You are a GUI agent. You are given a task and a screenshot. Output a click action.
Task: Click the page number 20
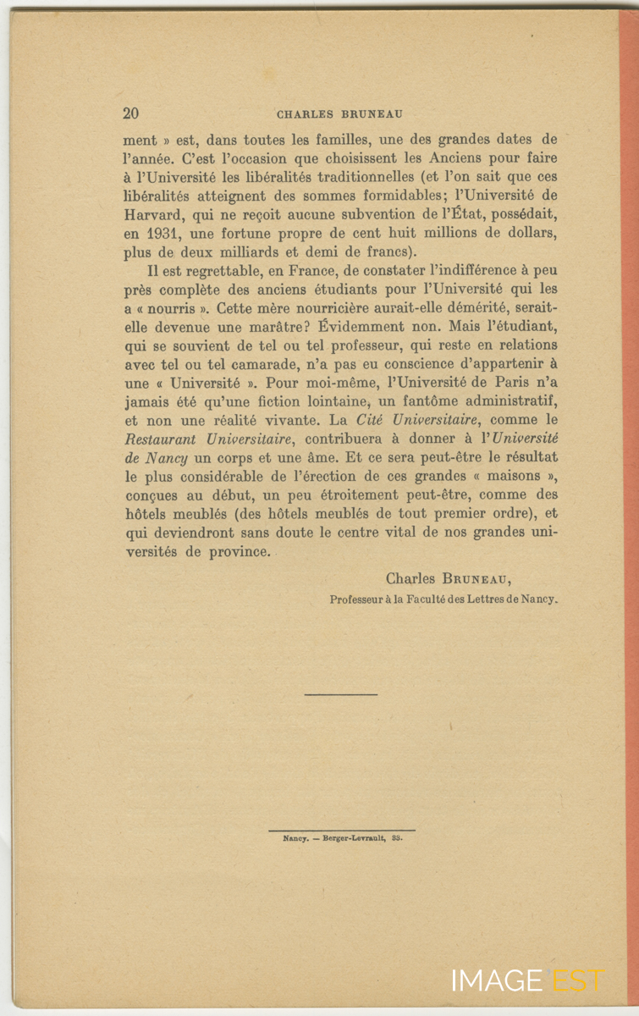pos(131,113)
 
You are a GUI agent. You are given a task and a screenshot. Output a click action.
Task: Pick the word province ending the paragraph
pos(240,550)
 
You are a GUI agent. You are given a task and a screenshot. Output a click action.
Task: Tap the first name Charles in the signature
pos(411,579)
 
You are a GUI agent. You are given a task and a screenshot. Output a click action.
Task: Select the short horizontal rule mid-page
pos(340,694)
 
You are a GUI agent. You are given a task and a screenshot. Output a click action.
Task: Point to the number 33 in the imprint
pos(396,837)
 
